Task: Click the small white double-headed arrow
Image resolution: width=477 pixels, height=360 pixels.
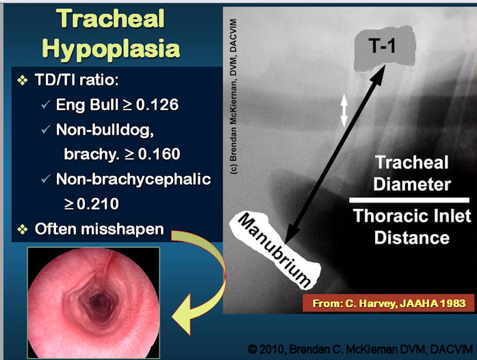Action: (345, 112)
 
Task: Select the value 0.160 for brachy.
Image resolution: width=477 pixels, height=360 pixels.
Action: (165, 155)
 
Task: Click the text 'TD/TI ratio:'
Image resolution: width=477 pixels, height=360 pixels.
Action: (77, 81)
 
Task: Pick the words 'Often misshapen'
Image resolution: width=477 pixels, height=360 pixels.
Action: (99, 229)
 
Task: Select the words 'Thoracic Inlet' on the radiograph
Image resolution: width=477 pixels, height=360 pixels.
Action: (412, 216)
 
